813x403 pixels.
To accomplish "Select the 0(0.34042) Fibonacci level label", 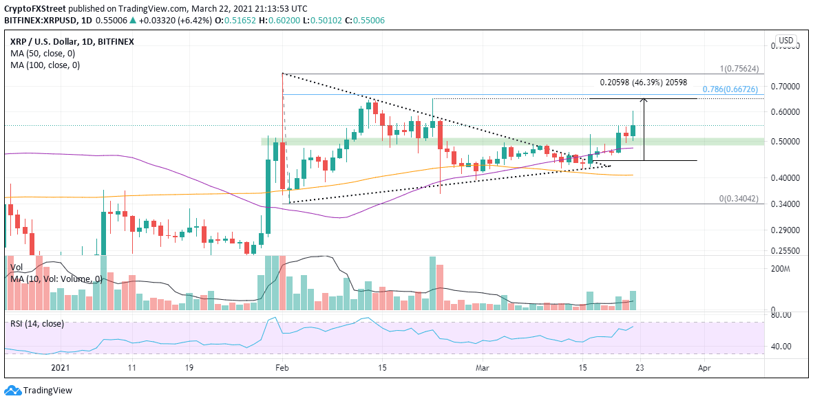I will [x=741, y=198].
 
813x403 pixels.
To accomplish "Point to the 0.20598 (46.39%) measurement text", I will [x=643, y=82].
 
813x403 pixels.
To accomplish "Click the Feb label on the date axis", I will [x=282, y=369].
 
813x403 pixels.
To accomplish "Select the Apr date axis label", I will [x=704, y=369].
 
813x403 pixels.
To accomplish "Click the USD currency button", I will [x=785, y=41].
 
